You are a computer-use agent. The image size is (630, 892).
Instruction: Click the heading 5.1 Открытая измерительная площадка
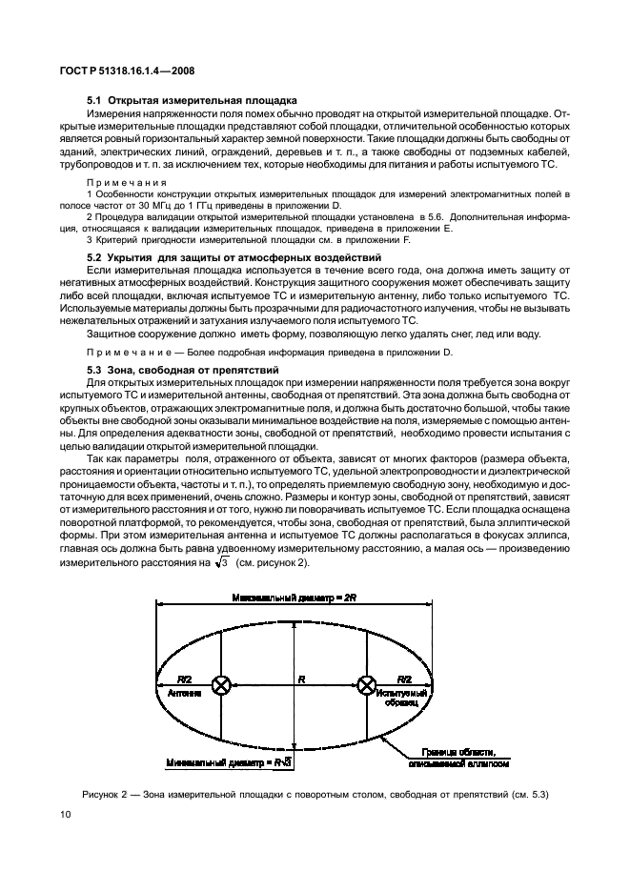(192, 100)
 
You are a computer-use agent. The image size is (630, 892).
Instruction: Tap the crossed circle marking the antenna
(222, 684)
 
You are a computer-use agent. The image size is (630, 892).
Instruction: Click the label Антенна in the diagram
(184, 695)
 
